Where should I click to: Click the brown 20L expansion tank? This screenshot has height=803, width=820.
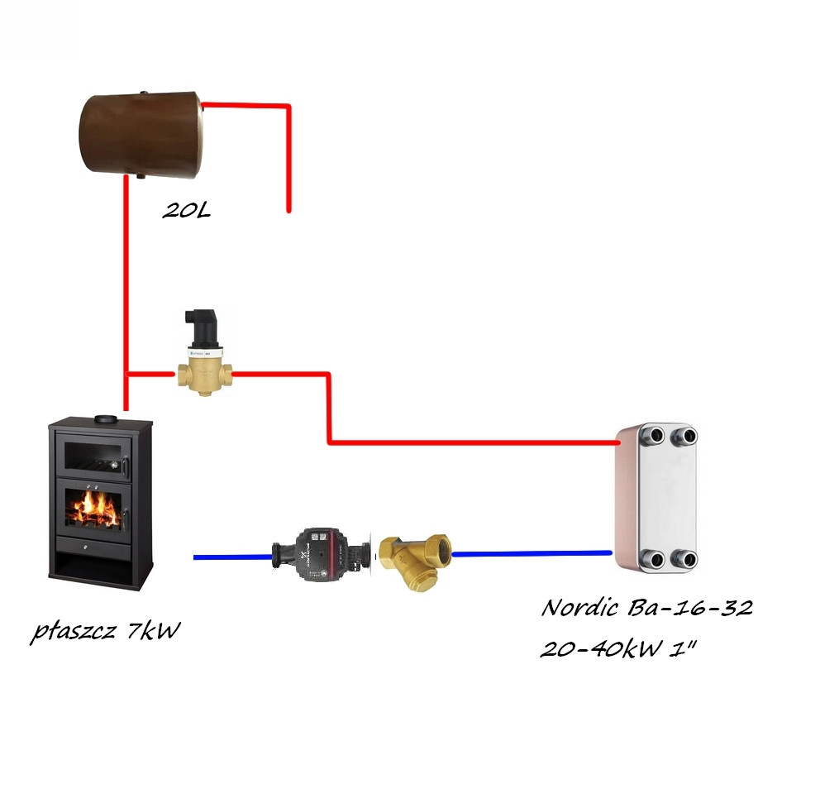click(141, 135)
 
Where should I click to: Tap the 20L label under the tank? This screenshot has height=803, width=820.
click(186, 210)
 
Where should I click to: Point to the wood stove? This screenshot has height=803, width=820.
click(100, 503)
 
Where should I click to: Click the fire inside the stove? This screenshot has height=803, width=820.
click(94, 508)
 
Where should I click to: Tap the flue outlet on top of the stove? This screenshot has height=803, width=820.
click(107, 419)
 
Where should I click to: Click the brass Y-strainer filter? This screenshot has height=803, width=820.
click(415, 561)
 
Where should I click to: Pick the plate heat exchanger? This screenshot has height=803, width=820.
click(656, 498)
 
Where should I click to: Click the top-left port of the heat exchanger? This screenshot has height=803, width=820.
click(653, 436)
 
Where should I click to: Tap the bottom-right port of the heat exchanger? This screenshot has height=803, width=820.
click(685, 559)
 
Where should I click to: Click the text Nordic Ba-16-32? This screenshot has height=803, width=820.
click(647, 608)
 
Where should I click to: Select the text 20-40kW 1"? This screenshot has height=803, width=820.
click(618, 649)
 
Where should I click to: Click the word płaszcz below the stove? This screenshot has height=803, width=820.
click(73, 632)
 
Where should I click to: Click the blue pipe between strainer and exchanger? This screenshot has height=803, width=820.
click(532, 553)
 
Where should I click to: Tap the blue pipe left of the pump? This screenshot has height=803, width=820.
click(233, 557)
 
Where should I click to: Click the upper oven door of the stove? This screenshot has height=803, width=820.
click(93, 456)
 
